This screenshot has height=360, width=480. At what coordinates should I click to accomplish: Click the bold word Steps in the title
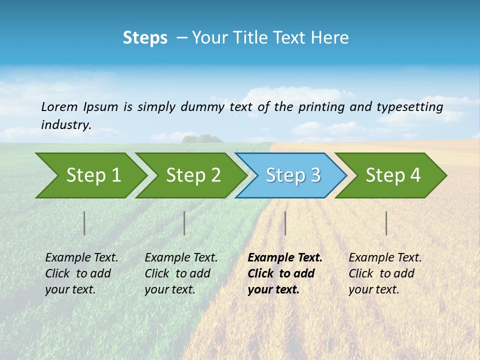pyautogui.click(x=145, y=38)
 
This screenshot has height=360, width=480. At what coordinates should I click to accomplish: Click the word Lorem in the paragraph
pyautogui.click(x=59, y=106)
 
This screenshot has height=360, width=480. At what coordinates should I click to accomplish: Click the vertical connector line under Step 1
pyautogui.click(x=84, y=223)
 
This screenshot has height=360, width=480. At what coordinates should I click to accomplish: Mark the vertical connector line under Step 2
pyautogui.click(x=184, y=223)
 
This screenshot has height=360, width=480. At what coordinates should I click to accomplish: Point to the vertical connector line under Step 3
pyautogui.click(x=285, y=223)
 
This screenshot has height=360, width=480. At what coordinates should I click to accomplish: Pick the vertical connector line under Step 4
pyautogui.click(x=386, y=223)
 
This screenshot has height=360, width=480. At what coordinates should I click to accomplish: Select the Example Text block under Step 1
pyautogui.click(x=81, y=273)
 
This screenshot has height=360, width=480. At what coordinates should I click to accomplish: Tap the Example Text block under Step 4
pyautogui.click(x=385, y=273)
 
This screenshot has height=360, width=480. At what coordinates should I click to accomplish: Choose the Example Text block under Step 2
pyautogui.click(x=181, y=273)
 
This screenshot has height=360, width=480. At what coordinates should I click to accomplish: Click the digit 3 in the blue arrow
pyautogui.click(x=315, y=175)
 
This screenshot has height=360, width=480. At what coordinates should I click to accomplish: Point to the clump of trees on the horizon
pyautogui.click(x=202, y=138)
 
